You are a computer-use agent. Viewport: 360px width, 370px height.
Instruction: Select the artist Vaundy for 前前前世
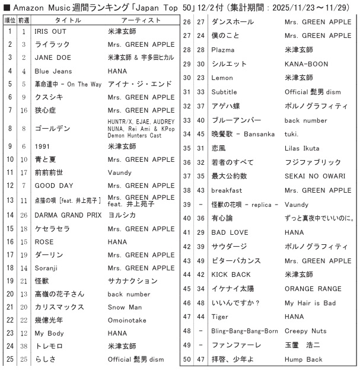120,172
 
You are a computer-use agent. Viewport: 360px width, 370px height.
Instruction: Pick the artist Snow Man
125,307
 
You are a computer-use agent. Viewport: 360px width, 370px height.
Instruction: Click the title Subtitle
224,92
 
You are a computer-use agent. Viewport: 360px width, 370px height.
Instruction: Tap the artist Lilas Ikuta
302,148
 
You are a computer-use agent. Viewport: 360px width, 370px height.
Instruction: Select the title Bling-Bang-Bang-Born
244,330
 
